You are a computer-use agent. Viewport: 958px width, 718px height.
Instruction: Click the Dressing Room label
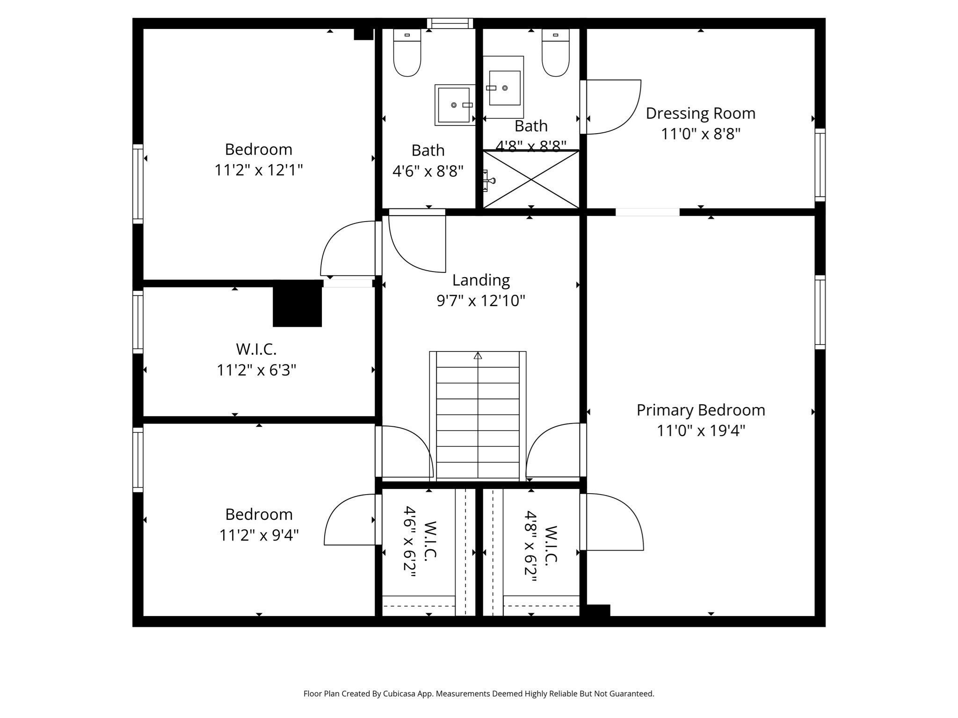pyautogui.click(x=700, y=114)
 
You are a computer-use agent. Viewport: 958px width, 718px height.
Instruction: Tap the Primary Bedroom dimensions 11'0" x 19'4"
pyautogui.click(x=700, y=431)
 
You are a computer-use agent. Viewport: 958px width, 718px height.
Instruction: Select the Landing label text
pyautogui.click(x=481, y=280)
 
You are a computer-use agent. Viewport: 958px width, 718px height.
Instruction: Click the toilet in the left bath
pyautogui.click(x=407, y=52)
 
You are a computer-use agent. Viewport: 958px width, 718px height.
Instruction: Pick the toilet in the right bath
pyautogui.click(x=555, y=52)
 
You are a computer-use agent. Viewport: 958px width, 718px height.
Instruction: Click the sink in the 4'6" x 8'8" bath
pyautogui.click(x=454, y=105)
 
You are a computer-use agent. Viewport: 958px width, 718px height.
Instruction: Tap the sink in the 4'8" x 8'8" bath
pyautogui.click(x=504, y=87)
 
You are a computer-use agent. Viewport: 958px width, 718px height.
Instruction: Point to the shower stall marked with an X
pyautogui.click(x=531, y=179)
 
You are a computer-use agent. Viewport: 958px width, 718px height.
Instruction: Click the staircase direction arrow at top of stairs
pyautogui.click(x=478, y=356)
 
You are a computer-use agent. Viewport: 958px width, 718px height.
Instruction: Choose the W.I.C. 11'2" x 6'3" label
pyautogui.click(x=256, y=359)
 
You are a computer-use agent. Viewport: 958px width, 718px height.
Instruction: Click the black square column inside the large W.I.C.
pyautogui.click(x=297, y=306)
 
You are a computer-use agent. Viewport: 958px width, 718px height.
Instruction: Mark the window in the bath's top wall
pyautogui.click(x=450, y=23)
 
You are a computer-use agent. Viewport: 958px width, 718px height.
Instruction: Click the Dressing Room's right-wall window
pyautogui.click(x=820, y=165)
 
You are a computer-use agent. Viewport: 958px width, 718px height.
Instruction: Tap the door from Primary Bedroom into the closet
pyautogui.click(x=613, y=522)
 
